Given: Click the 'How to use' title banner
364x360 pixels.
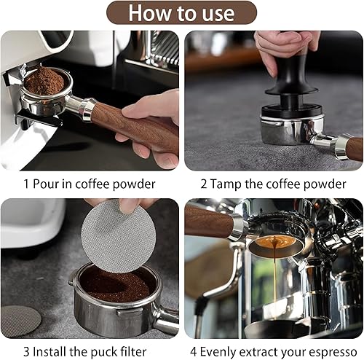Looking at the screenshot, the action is (x=181, y=12).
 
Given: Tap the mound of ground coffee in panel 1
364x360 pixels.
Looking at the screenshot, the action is (x=44, y=81).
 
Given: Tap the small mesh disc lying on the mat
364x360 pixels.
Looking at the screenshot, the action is (x=20, y=321).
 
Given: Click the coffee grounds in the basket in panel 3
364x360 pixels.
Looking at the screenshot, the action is (x=114, y=285).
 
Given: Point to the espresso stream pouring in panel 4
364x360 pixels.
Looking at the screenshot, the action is (x=274, y=275).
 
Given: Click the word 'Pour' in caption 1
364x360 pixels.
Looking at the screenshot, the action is (x=46, y=184).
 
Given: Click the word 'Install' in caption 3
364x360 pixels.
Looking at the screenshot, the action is (x=50, y=352).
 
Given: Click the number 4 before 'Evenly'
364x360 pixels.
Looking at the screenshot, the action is (x=194, y=352).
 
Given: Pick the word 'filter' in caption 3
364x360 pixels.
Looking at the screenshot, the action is (x=133, y=352).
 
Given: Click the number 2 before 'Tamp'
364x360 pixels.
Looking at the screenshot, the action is (x=204, y=184).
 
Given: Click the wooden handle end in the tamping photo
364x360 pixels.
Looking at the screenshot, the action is (x=355, y=149).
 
